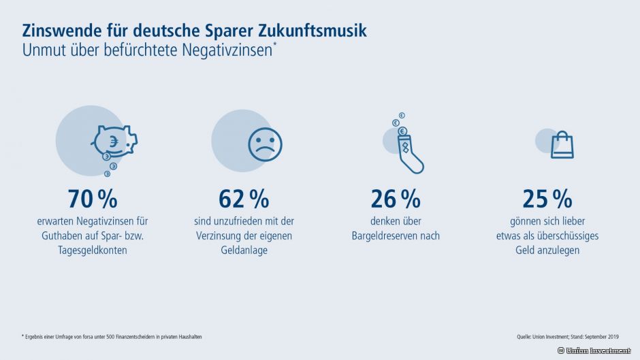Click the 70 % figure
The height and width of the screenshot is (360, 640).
93,199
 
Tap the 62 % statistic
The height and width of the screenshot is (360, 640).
244,199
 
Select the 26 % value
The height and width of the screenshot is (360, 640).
396,199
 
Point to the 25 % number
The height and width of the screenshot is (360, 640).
547,199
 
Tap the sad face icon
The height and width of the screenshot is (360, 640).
265,144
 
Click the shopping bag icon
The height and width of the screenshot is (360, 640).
562,144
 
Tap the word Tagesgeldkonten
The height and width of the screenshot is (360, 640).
93,250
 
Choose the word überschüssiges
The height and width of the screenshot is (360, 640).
563,235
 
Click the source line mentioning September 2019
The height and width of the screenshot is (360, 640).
568,337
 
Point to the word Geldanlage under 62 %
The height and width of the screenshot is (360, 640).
244,250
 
